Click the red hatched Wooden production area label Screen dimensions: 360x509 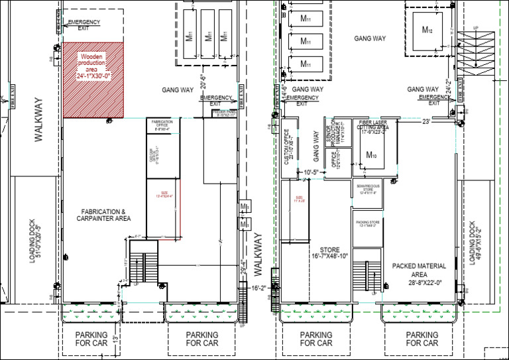93,67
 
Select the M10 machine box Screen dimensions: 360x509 371,155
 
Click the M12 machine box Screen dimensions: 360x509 427,29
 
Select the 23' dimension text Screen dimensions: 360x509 427,121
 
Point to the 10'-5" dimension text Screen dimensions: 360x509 311,172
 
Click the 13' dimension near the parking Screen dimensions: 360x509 116,339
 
